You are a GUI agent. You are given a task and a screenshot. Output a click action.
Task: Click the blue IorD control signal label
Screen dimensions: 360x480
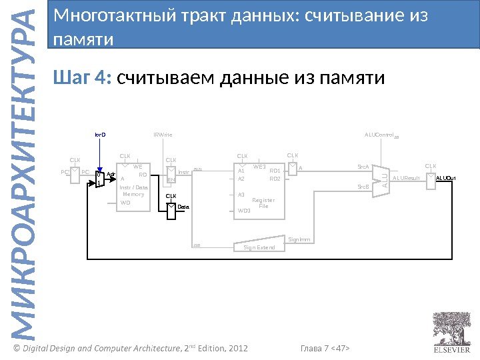point(100,135)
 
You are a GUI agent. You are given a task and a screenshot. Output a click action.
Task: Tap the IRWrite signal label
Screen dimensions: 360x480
point(163,135)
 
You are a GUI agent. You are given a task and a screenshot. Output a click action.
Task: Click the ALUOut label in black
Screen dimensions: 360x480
point(445,178)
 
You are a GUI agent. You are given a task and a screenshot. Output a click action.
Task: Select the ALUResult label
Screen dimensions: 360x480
point(406,178)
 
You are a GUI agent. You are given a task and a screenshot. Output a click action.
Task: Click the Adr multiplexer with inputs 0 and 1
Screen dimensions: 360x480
point(99,179)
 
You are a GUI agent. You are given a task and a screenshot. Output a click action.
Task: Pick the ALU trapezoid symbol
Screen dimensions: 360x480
point(379,179)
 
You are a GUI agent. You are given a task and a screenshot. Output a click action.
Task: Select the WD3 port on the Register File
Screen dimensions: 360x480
point(244,210)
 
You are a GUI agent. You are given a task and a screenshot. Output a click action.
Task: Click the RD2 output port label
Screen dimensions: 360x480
point(274,179)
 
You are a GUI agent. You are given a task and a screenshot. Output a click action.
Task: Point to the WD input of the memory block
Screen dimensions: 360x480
point(125,202)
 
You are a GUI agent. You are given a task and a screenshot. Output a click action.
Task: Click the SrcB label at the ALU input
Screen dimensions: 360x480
point(363,187)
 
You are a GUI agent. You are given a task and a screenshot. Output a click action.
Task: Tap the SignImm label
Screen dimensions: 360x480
point(299,239)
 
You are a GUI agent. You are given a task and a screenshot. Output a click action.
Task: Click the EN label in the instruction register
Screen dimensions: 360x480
point(171,179)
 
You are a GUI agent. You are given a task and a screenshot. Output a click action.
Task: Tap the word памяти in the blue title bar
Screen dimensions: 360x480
point(83,39)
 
